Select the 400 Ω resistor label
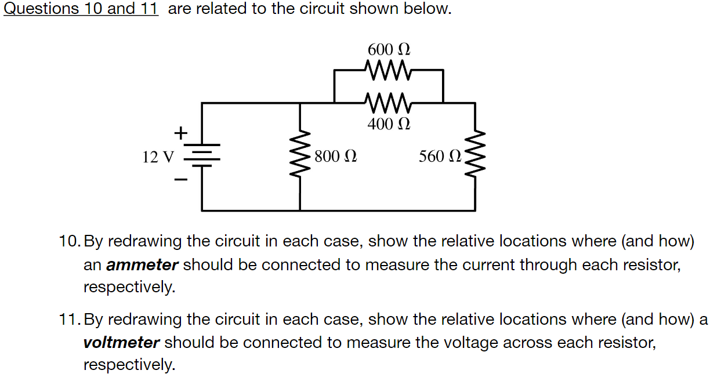pos(389,124)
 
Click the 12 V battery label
pos(158,157)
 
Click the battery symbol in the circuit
pos(202,155)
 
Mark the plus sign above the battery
pos(181,133)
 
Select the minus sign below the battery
pos(181,180)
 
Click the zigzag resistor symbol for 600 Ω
pos(389,69)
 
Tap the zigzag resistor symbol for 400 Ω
pos(389,103)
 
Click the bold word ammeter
pos(142,265)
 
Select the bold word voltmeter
pos(121,343)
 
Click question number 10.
pos(70,241)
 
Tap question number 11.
pos(70,320)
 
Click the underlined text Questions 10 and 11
pos(81,10)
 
